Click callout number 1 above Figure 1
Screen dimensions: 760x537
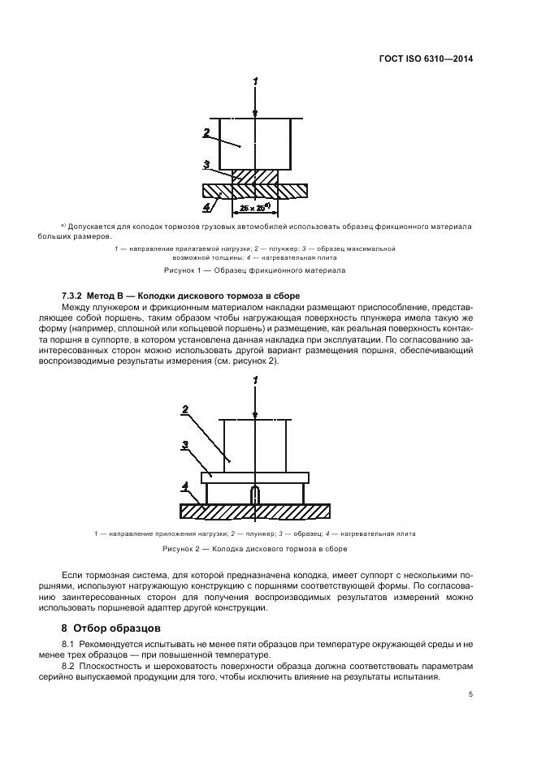tap(255, 81)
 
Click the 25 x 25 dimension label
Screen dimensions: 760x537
tap(255, 209)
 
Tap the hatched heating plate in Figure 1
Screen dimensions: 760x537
tap(292, 191)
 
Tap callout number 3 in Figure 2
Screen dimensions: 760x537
tap(185, 445)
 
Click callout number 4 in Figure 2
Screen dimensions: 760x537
tap(185, 486)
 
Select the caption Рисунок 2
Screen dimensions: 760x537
tap(255, 550)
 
